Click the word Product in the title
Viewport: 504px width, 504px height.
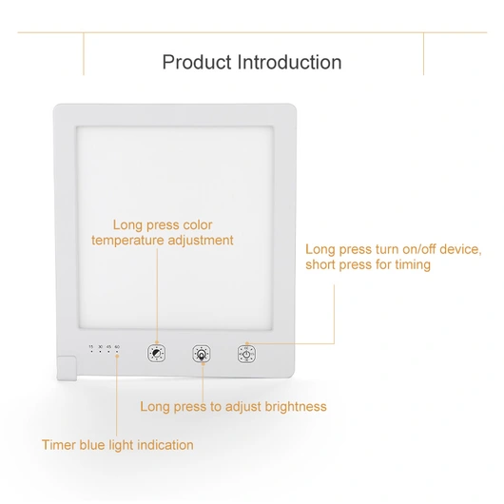197,63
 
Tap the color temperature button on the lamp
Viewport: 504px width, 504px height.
156,354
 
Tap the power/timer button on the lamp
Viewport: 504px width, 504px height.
247,354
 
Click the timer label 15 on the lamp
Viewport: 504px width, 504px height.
91,346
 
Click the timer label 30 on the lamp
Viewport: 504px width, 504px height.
100,346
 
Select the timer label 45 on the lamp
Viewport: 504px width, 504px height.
108,346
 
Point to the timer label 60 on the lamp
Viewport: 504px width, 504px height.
117,346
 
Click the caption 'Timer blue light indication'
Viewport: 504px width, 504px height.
118,445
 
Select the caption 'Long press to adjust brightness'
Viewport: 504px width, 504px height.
233,407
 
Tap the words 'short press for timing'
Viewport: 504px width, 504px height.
368,264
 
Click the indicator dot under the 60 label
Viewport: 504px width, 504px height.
117,353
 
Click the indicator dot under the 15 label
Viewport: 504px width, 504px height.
91,353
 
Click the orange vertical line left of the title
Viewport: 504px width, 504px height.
84,54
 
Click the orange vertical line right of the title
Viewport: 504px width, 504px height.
424,54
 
